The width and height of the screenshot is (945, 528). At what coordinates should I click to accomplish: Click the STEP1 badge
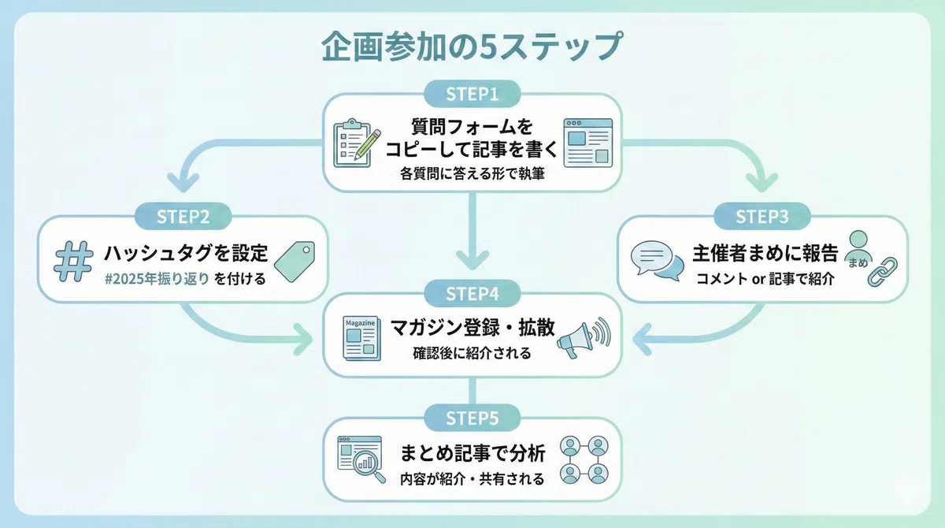point(472,94)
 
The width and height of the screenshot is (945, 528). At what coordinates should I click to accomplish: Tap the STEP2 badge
point(183,217)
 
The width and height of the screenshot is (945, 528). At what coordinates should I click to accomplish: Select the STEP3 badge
point(762,217)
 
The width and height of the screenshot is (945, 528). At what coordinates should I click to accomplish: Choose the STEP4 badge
point(472,293)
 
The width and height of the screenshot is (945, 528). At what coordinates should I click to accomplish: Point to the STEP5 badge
point(472,418)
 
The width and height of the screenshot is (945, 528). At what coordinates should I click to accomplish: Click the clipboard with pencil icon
point(356,143)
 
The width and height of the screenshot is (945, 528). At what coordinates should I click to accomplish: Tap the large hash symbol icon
point(73,262)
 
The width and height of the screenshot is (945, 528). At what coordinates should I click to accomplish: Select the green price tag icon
point(295,262)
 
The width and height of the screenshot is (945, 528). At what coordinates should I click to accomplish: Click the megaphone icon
point(584,337)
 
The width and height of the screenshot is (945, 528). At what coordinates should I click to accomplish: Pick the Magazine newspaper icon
point(361,338)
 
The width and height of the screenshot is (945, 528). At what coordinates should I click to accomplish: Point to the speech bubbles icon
point(657,261)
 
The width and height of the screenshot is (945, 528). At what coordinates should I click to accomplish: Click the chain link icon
point(882,272)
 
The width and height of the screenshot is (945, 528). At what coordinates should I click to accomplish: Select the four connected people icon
point(584,459)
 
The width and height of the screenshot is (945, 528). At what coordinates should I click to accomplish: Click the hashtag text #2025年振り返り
point(157,279)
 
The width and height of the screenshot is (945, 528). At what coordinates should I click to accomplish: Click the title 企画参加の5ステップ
point(472,46)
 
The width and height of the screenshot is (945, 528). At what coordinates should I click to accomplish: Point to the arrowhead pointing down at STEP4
point(472,259)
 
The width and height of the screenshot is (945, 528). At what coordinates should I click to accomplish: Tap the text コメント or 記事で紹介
point(765,279)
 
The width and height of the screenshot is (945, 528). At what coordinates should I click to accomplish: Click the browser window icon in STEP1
point(588,143)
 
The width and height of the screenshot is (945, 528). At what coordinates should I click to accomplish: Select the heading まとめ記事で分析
point(472,453)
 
